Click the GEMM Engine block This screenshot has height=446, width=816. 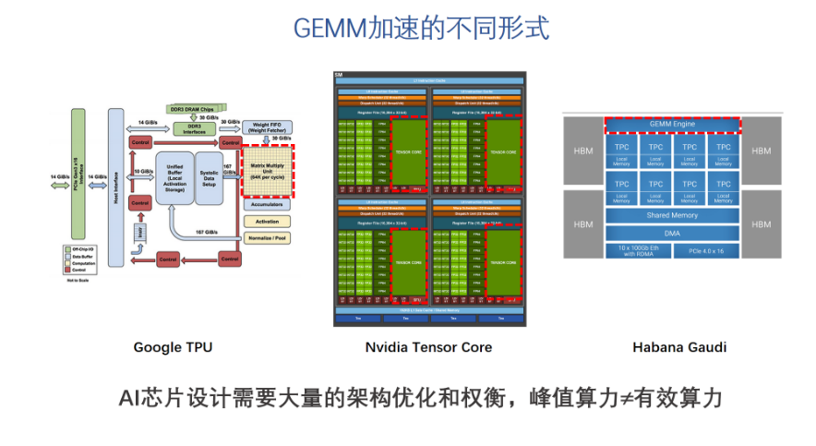[x=672, y=124]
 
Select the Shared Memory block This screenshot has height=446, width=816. [x=672, y=216]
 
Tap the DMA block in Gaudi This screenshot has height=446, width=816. [x=672, y=233]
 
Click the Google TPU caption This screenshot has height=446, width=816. [x=173, y=347]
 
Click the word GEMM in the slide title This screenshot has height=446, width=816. [x=323, y=28]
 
